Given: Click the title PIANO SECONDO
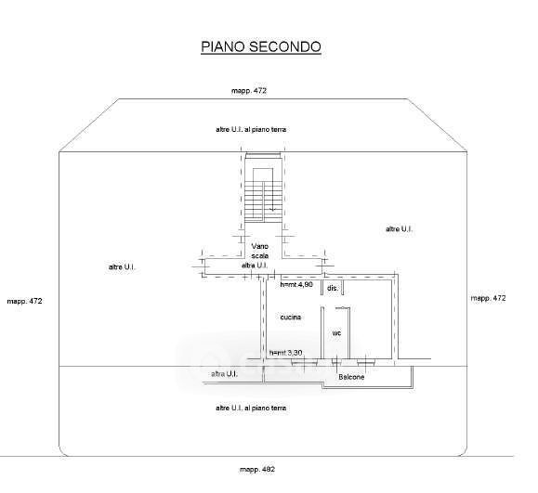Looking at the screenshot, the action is [261, 47].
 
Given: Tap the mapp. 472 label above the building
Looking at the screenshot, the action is [249, 91].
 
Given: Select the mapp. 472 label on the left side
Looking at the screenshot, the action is [25, 301].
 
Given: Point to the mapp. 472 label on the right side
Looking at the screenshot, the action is [488, 298].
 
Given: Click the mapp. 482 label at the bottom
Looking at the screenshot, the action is [257, 470].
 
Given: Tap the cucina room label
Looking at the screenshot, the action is [291, 318].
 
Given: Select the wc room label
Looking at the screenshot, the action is [336, 333].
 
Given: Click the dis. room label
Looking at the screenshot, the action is [333, 289].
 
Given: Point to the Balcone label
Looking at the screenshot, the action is [351, 377].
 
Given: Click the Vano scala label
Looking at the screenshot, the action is [260, 251].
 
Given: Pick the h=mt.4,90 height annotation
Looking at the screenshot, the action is [296, 284].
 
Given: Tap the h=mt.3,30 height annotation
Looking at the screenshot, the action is [286, 353].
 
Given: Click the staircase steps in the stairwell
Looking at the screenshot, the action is [263, 201].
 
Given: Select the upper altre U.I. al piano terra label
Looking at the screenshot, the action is [251, 130].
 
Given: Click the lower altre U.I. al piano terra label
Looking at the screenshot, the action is [251, 408].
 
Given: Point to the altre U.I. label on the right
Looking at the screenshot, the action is [399, 229].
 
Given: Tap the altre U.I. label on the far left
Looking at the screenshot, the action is [122, 267].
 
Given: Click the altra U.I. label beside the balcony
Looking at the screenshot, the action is [224, 374].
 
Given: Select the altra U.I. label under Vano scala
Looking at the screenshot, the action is [255, 266].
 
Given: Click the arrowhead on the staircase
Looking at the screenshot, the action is [273, 209].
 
